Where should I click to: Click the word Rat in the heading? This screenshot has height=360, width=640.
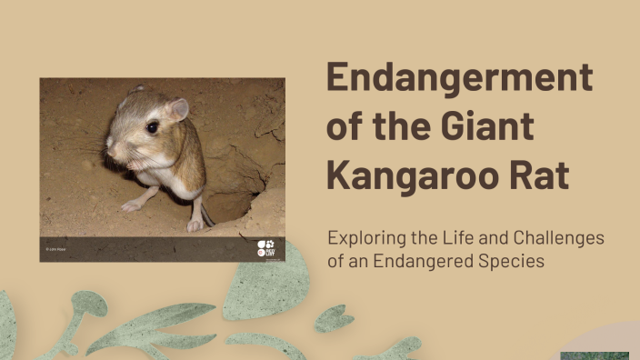click(x=539, y=175)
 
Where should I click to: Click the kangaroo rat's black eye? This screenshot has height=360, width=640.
click(x=152, y=127)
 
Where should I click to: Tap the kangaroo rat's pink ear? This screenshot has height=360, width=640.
click(x=175, y=110)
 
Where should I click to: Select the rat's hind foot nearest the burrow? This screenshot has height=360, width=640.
click(x=195, y=224)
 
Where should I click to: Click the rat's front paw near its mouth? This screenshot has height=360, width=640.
click(x=135, y=166)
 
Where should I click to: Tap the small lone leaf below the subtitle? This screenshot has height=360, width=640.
click(x=334, y=317)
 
